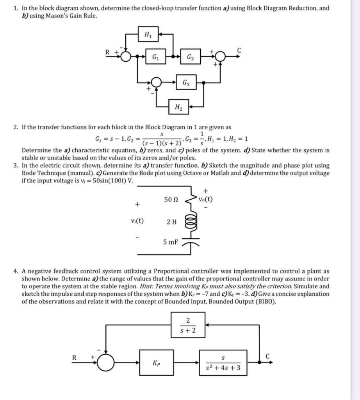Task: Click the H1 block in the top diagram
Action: click(146, 34)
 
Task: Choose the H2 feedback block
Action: click(178, 105)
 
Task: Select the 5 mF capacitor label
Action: click(170, 241)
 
